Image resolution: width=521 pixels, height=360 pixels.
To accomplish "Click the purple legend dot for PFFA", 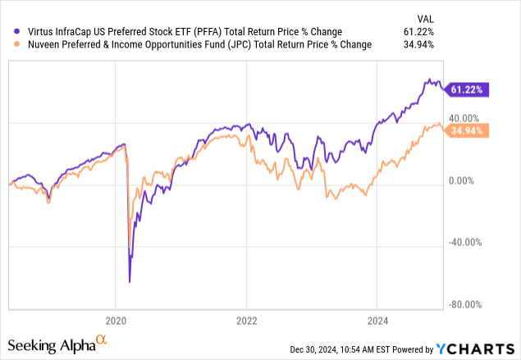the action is coord(16,31).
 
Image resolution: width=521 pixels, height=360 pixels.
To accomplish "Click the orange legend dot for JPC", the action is coord(16,44).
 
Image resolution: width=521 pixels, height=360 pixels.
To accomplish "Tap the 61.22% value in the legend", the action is coord(418,32).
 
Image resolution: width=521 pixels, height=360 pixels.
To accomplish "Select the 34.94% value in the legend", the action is coord(418,44).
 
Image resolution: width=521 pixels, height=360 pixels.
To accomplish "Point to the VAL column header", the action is coord(426,19).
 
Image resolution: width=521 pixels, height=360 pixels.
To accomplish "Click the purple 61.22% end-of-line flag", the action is coord(466,89).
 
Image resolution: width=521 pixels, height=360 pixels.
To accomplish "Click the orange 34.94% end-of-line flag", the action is coord(466,130).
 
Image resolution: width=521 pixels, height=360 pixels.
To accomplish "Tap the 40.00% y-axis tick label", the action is coord(464,118).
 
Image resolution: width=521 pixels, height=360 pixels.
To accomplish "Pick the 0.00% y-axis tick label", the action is coord(461,180).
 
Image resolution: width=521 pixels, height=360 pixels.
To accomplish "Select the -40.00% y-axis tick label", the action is coord(465,242).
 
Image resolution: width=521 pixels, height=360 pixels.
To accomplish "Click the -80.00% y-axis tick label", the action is coord(465,304).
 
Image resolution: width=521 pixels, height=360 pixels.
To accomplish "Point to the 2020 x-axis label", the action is coord(116,321).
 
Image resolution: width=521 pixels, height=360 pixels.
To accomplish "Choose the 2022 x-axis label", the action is coord(246,321).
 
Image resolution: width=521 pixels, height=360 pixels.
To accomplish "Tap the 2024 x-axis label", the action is coord(377,321).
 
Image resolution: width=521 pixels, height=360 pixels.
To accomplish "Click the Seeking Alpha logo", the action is coord(57,344).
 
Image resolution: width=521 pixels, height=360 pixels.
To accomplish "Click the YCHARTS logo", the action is coord(475,349).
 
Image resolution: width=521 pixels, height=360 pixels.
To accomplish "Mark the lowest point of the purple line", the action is coord(130,282).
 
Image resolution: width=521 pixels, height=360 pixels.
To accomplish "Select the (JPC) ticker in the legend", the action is coord(240,44).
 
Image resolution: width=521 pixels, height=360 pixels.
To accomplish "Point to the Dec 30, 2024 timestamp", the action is coord(313,349).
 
